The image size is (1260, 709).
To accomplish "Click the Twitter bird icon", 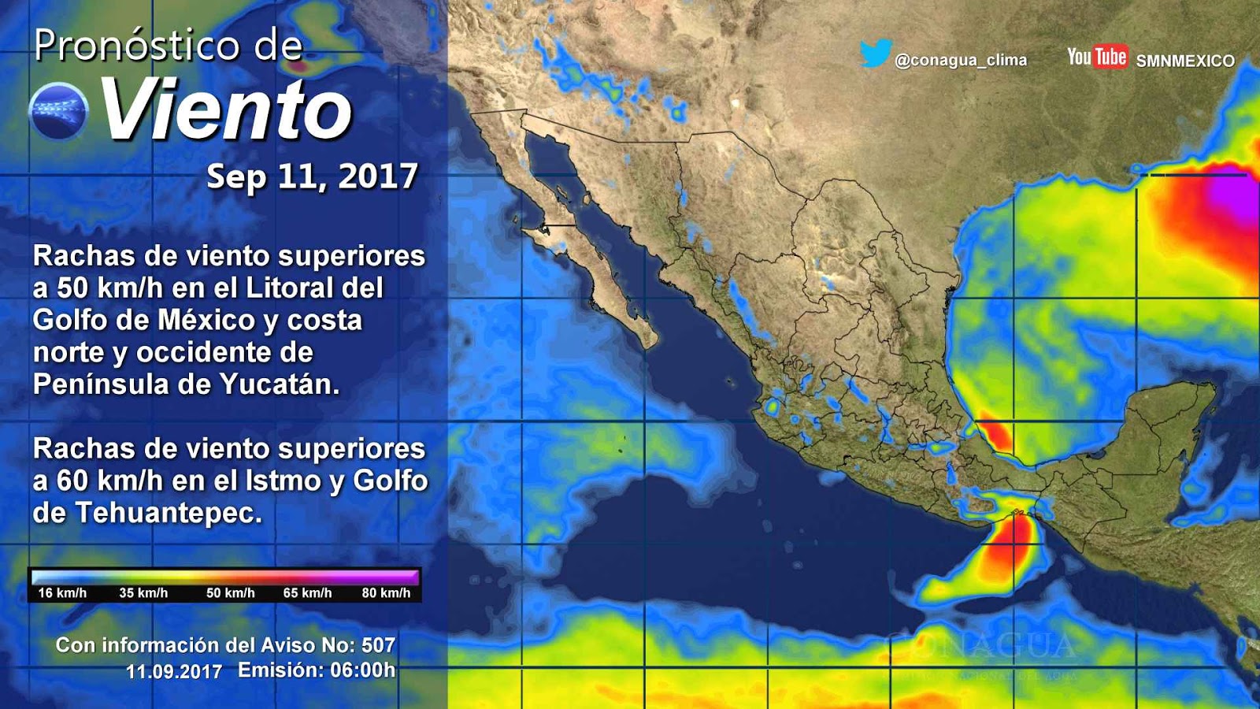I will pos(875,54).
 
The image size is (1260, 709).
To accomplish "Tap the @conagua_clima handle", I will pos(961,60).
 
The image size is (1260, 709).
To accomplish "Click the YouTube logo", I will pos(1097,57).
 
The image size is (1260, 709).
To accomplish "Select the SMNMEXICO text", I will pos(1185,61).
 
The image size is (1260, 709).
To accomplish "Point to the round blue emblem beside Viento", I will pos(58,111).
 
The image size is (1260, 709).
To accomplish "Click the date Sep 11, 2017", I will pos(312,176).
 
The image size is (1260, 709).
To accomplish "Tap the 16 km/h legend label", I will pos(62,593).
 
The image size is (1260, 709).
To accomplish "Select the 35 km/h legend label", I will pos(143,593).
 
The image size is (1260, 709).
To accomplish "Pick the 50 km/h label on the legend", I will pos(230,593).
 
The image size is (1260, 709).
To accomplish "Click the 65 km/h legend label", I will pos(307,593).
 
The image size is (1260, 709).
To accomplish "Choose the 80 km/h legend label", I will pos(386,593).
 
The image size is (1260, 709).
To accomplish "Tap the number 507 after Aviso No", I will pos(378,645).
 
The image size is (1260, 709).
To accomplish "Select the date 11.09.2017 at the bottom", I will pos(174,672).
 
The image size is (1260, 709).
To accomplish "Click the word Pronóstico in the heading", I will pos(135,46).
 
